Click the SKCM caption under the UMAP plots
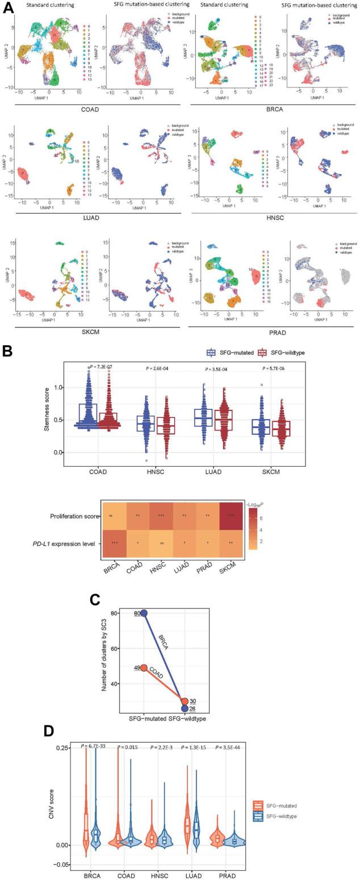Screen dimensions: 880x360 click(91, 331)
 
